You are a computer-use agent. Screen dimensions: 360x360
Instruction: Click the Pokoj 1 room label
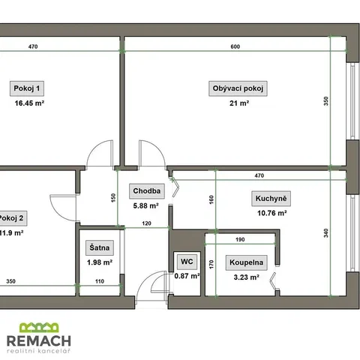[27, 88]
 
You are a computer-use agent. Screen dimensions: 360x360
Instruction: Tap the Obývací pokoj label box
[238, 88]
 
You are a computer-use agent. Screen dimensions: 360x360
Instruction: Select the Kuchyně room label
[271, 199]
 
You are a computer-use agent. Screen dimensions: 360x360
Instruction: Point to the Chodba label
[147, 191]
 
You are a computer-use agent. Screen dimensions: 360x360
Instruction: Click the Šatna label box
[100, 247]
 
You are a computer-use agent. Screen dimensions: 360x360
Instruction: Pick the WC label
[187, 262]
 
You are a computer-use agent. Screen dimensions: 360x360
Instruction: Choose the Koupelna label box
[247, 262]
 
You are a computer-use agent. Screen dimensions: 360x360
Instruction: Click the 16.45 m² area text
[29, 103]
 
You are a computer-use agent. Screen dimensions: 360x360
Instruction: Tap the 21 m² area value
[239, 103]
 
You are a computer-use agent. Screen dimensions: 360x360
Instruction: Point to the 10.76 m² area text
[272, 213]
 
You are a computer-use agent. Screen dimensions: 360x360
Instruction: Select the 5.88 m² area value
[145, 205]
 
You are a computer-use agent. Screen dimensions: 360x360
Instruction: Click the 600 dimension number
[235, 46]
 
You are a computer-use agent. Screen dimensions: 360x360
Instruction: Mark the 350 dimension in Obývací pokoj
[326, 101]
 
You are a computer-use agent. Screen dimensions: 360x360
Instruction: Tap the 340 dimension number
[326, 233]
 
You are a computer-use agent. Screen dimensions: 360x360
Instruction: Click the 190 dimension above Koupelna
[240, 239]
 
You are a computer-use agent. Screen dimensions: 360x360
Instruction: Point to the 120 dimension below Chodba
[147, 223]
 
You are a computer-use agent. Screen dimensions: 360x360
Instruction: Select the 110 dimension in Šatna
[100, 281]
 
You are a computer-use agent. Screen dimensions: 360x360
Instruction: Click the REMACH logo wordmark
[39, 340]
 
